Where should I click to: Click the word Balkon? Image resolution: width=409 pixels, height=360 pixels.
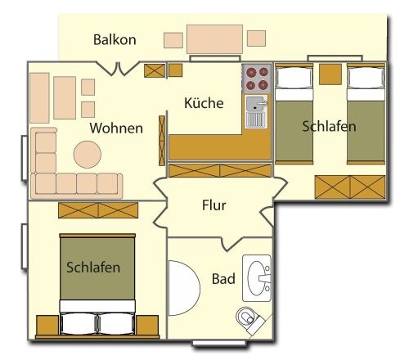(x=115, y=40)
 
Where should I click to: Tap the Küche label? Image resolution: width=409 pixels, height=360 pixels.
(x=204, y=103)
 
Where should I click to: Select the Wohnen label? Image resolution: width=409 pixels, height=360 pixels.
(x=116, y=128)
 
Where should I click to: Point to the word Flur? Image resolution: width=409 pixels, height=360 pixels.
(x=214, y=205)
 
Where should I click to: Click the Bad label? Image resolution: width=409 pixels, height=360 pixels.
(x=223, y=279)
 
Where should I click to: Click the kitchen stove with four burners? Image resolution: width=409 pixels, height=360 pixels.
(x=257, y=79)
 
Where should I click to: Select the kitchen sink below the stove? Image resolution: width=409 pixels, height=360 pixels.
(x=256, y=111)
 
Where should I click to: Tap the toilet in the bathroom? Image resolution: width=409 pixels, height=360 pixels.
(x=249, y=320)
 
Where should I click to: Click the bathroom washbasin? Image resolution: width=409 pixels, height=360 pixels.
(x=257, y=278)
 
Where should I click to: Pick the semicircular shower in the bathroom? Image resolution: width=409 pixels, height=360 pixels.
(x=184, y=288)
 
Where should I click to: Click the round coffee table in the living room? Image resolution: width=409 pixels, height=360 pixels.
(x=88, y=154)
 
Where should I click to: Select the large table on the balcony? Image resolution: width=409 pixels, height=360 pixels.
(x=214, y=39)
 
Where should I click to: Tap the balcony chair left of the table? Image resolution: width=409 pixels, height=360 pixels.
(x=173, y=40)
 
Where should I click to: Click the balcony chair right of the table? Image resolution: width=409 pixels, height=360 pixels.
(x=256, y=38)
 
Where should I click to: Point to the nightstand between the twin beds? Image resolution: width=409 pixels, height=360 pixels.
(x=330, y=74)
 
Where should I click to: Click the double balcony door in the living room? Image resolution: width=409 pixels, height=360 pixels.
(x=118, y=68)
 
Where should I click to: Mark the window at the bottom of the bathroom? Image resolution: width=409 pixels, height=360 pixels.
(x=220, y=343)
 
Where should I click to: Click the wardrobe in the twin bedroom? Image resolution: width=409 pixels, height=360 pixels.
(x=350, y=187)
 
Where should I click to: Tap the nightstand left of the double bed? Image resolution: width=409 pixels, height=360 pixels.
(x=47, y=326)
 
